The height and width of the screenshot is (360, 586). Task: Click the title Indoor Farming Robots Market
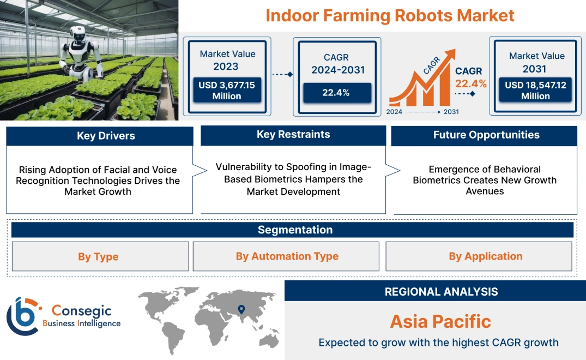point(390,15)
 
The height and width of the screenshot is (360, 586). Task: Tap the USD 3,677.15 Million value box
point(226,91)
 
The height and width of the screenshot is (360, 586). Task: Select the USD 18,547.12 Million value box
point(535,91)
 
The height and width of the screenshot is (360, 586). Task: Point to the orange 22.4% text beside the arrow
point(471,83)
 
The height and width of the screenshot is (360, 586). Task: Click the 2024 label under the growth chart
point(395,112)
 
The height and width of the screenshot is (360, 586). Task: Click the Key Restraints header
point(293,135)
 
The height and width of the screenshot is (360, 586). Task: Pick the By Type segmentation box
point(98,256)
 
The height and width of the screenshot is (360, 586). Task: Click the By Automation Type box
point(287,256)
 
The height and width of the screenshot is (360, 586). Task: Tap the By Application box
point(485,256)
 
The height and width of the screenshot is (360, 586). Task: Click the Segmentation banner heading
point(295,230)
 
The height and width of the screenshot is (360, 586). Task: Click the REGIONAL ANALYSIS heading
point(441,292)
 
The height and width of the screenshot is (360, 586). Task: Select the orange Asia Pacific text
point(440,321)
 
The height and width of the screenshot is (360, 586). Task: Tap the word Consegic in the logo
point(81,311)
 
